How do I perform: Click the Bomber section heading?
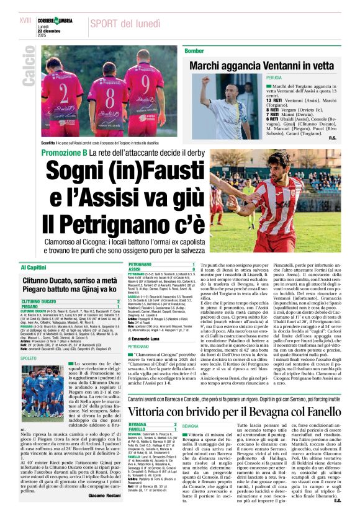point(194,50)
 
